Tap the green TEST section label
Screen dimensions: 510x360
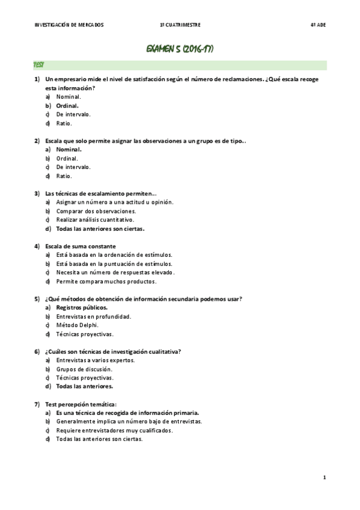[x=38, y=64]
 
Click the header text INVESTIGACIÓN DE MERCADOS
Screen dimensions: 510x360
[x=70, y=25]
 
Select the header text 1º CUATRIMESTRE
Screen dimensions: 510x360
[x=180, y=25]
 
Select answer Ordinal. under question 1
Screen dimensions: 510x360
[x=67, y=105]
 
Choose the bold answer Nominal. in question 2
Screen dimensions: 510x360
[x=69, y=149]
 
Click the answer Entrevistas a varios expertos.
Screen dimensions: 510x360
[x=95, y=360]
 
